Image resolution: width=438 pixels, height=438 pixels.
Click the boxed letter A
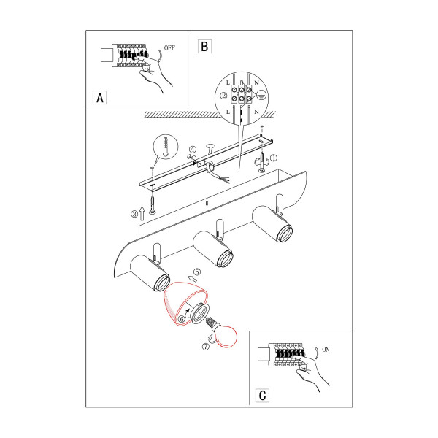point(100,98)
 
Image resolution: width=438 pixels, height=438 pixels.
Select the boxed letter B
point(204,46)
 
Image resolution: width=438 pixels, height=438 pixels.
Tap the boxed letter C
point(262,395)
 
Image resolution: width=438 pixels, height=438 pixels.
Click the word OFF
point(169,48)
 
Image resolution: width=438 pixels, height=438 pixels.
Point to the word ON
point(326,350)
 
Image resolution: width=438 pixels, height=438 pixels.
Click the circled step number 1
point(274,158)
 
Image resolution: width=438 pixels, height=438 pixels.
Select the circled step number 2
point(224,96)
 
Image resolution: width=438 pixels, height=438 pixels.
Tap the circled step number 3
point(134,214)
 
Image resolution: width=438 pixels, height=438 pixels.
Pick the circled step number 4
point(193,150)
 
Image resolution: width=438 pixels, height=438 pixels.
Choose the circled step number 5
point(197,272)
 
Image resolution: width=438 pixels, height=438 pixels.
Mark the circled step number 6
point(182,319)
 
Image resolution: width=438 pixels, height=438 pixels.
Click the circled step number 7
point(206,347)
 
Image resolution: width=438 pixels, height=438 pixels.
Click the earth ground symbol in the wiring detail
point(261,95)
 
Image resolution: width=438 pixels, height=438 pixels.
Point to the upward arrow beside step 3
point(142,213)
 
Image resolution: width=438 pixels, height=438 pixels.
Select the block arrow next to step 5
point(192,278)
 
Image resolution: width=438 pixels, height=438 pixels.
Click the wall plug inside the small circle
point(166,146)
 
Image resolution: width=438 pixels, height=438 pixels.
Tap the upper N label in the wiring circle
point(257,83)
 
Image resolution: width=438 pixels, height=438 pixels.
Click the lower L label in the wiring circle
point(228,112)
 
